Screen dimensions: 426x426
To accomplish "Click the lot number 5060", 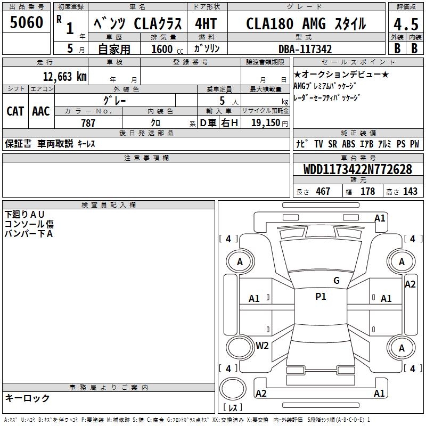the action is click(x=27, y=23).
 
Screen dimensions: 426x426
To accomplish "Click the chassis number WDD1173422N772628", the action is click(x=358, y=169).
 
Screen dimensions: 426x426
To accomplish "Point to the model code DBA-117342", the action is click(x=305, y=49).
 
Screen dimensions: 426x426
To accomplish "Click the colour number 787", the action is click(x=88, y=123).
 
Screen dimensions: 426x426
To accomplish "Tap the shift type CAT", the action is click(x=15, y=111).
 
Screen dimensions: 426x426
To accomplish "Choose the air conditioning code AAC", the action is click(x=41, y=111).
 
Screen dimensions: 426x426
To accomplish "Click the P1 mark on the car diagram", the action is click(x=321, y=297).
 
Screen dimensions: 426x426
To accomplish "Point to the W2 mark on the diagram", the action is click(x=262, y=346).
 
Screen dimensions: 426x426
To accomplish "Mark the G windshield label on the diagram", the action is click(x=337, y=281).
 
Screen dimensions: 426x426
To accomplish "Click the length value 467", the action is click(x=323, y=191).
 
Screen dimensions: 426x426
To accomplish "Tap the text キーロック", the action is click(x=27, y=398).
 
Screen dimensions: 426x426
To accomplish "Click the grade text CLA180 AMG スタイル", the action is click(x=306, y=24).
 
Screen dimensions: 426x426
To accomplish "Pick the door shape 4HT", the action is click(x=206, y=24).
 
